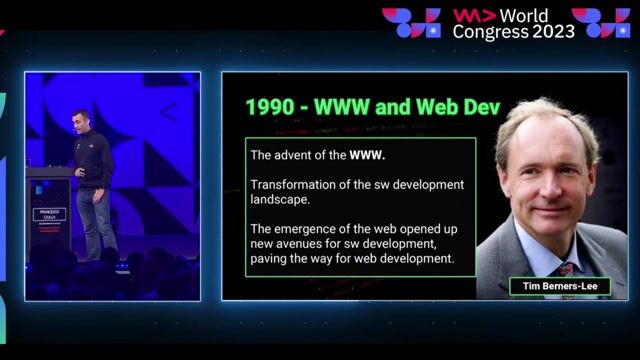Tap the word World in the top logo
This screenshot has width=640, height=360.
point(551,15)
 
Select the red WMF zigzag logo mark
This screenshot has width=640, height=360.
point(471,15)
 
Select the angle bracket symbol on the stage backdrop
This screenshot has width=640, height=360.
point(167,112)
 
